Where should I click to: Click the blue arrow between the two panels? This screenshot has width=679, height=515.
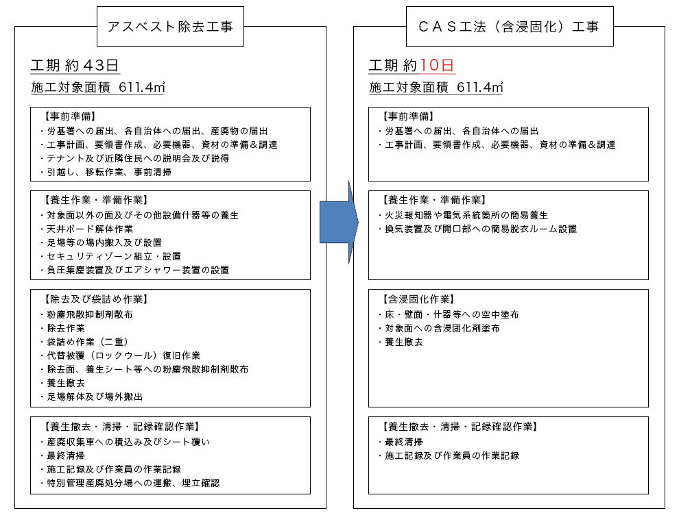tap(339, 223)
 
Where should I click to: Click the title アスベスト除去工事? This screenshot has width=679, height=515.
tap(170, 27)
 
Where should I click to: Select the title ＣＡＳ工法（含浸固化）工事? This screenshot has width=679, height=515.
tap(509, 27)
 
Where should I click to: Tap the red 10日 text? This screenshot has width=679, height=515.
tap(436, 65)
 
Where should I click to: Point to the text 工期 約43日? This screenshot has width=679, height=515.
tap(75, 65)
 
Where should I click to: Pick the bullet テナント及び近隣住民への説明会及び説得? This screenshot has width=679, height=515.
tap(134, 158)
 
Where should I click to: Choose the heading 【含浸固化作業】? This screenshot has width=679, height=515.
tap(418, 299)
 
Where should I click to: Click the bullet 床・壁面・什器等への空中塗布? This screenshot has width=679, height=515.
tap(448, 314)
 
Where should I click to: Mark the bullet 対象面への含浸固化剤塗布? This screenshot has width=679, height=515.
tap(439, 328)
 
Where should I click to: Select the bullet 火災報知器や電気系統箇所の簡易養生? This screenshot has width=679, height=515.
tap(463, 215)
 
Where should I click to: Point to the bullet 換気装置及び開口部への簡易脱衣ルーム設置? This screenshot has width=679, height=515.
tap(477, 229)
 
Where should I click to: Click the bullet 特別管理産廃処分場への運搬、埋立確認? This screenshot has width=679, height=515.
tap(130, 483)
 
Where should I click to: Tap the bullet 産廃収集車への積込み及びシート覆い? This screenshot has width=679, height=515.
tap(125, 442)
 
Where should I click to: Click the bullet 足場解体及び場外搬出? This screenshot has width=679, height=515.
tap(91, 397)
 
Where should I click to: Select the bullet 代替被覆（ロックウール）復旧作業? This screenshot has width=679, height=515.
tap(120, 355)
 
